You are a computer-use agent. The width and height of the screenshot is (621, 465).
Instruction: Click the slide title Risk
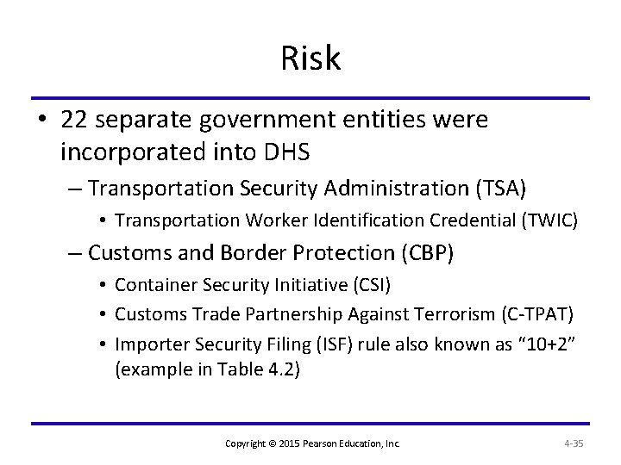[310, 59]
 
